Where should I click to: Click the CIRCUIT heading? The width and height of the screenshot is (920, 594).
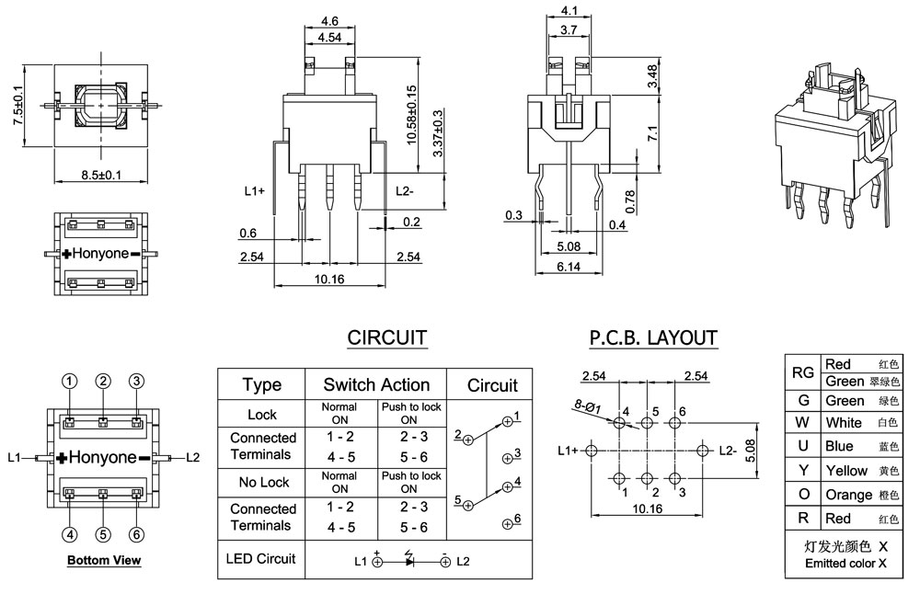386,337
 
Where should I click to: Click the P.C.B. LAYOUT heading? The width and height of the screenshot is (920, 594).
653,337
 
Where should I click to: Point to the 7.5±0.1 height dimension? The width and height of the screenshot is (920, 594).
17,105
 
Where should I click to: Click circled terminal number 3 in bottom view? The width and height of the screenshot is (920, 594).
136,381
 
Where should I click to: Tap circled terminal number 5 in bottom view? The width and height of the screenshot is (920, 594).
103,533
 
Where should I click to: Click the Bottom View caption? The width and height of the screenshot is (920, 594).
103,560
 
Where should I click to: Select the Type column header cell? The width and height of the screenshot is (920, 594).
261,384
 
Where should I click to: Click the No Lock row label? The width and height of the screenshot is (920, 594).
262,482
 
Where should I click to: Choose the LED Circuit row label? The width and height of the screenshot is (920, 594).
262,558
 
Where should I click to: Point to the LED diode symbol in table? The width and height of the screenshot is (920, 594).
408,560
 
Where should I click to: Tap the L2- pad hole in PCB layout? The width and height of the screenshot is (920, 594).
704,451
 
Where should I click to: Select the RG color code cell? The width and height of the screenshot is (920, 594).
802,372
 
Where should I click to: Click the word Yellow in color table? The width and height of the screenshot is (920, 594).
845,471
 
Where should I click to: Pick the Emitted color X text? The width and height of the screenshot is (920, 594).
845,564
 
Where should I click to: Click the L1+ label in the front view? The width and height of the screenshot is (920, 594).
255,191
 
